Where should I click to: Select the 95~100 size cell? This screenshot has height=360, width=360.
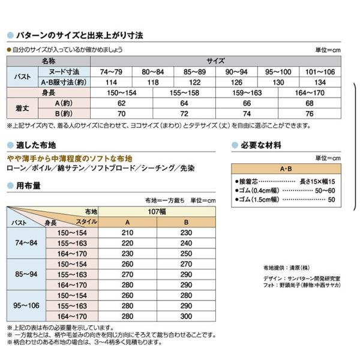point(280,71)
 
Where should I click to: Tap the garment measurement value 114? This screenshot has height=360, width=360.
point(110,82)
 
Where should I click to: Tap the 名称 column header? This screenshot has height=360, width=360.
point(48,61)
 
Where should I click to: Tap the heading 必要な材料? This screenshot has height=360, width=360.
point(262,146)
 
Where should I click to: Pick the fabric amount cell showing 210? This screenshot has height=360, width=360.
point(127,232)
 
